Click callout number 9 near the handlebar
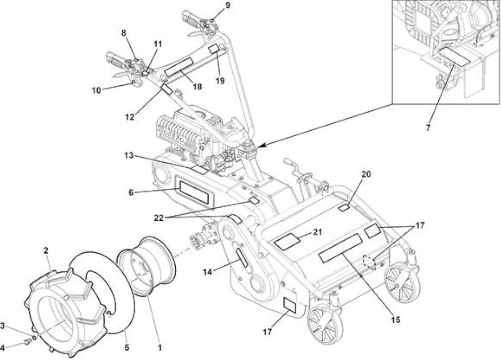(x=228, y=5)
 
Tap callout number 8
(x=124, y=33)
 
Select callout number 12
(x=130, y=117)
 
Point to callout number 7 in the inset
(x=428, y=128)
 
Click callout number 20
(x=366, y=174)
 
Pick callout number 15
(x=395, y=320)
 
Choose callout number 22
(x=159, y=218)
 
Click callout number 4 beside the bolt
(x=2, y=348)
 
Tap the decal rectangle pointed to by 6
(x=194, y=193)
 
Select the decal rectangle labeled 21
(x=287, y=241)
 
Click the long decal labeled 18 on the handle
(x=178, y=67)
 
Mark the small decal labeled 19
(x=214, y=49)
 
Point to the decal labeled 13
(x=200, y=170)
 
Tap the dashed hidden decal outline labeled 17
(x=369, y=262)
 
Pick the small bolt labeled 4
(x=27, y=342)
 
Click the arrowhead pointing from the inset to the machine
(x=261, y=146)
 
